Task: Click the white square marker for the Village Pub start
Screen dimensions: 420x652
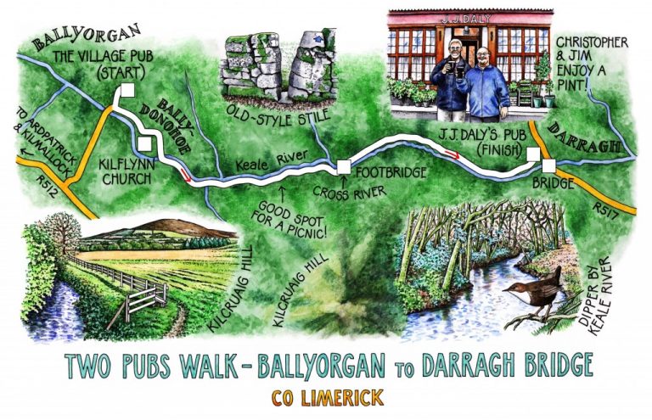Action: pyautogui.click(x=128, y=92)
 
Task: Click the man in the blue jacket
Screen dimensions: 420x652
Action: pyautogui.click(x=488, y=84)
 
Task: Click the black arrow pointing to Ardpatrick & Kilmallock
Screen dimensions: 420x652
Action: pyautogui.click(x=26, y=157)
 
